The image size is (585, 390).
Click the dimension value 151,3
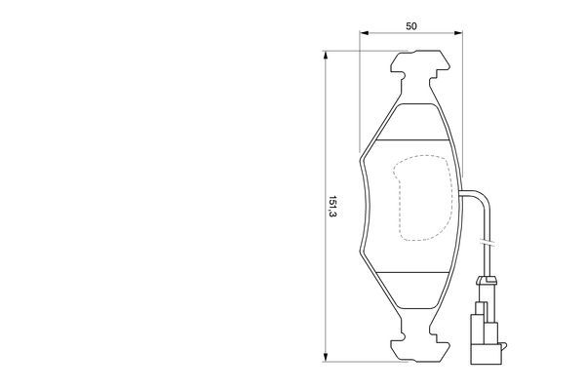click(332, 207)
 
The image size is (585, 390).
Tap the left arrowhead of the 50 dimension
click(363, 37)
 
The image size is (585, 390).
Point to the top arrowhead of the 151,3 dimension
click(324, 57)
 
